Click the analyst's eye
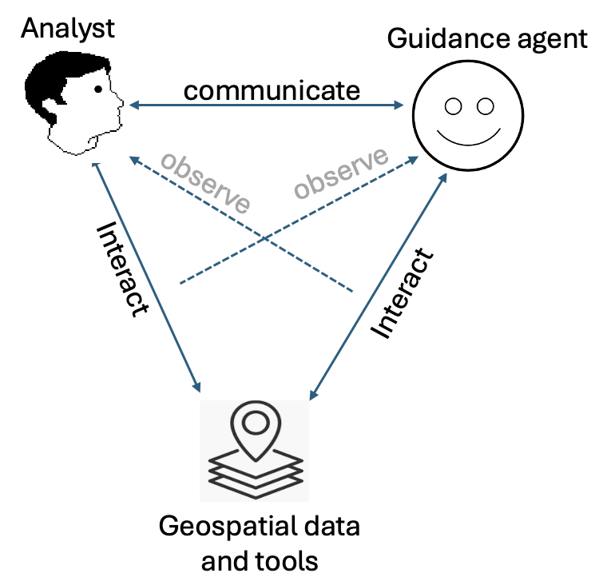pyautogui.click(x=98, y=90)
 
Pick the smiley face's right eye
pyautogui.click(x=485, y=105)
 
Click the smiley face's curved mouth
pyautogui.click(x=469, y=137)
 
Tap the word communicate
pyautogui.click(x=272, y=90)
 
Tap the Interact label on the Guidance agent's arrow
pyautogui.click(x=403, y=292)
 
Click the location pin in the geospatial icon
pyautogui.click(x=254, y=428)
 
